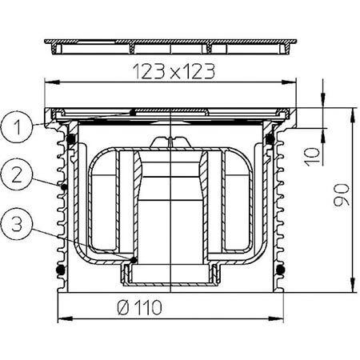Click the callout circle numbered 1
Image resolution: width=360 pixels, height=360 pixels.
[x=17, y=127]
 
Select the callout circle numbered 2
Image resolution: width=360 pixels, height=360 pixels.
[x=17, y=175]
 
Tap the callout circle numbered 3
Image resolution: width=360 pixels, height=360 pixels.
[x=17, y=223]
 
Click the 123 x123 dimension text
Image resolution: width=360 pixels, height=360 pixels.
[x=174, y=71]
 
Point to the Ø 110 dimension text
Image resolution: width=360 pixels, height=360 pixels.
[x=139, y=307]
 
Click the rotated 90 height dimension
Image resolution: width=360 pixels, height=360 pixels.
[x=342, y=195]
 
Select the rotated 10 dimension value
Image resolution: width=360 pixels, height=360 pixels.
[x=312, y=157]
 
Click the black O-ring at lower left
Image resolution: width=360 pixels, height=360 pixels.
[x=61, y=270]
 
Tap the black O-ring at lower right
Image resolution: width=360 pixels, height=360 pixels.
[x=280, y=270]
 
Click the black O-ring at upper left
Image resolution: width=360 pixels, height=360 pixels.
[x=70, y=138]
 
